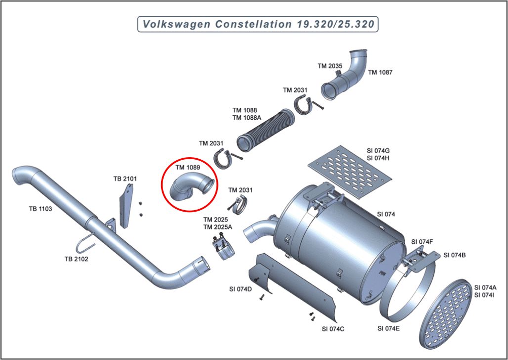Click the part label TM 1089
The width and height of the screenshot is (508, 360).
tap(188, 168)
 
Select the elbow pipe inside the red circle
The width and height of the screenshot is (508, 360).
tap(190, 188)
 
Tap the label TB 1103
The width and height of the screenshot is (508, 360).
tap(40, 209)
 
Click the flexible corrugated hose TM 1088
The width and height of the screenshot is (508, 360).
tap(264, 130)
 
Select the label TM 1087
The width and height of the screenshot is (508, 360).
tap(380, 72)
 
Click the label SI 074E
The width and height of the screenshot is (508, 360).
tap(388, 328)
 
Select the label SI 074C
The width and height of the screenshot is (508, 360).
tap(333, 328)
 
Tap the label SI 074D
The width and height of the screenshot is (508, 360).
tap(241, 289)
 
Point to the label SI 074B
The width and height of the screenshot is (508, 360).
tap(455, 255)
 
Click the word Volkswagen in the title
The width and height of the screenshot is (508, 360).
tap(172, 24)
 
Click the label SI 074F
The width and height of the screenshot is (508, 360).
tap(422, 242)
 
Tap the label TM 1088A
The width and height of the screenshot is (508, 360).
tap(247, 118)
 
